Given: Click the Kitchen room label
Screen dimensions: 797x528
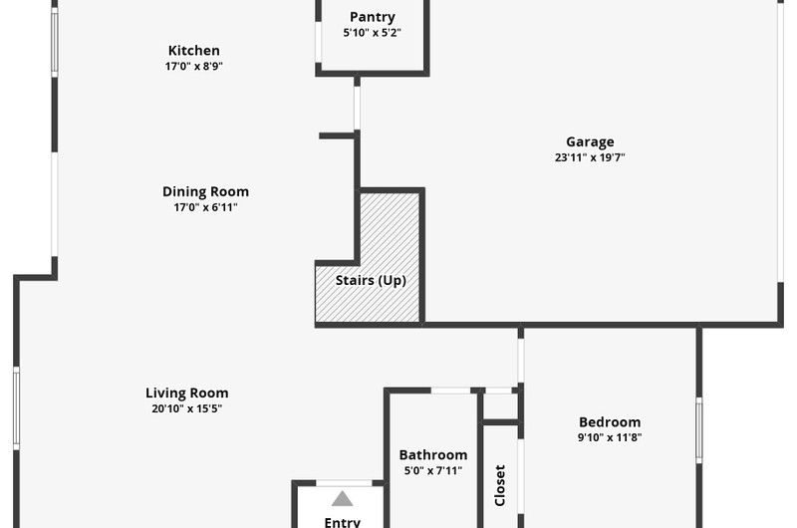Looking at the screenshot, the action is coord(194,51).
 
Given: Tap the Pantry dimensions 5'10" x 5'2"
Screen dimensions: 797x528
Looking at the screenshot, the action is coord(372,33).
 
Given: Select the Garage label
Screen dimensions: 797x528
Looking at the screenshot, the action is coord(590,141).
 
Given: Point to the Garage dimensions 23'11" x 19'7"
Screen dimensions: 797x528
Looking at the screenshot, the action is coord(590,157).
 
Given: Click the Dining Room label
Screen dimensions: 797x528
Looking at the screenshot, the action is coord(206,191).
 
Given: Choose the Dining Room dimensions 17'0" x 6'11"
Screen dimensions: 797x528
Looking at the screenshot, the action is coord(206,207).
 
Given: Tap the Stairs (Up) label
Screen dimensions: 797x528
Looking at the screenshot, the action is coord(371,281).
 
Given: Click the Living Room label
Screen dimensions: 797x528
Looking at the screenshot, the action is coord(187,393).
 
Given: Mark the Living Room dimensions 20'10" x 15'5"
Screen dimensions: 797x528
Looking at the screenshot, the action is coord(187,408).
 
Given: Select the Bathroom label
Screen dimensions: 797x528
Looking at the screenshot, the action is coord(433,455).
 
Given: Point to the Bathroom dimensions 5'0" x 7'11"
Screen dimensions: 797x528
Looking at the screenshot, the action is coord(433,470).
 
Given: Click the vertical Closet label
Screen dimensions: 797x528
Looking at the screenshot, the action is coord(500,485).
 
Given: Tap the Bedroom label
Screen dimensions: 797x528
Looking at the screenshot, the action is coord(610,422).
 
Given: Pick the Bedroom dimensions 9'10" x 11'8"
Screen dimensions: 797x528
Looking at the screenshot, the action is coord(610,437).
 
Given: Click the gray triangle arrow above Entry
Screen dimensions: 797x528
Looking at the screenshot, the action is coord(342,498).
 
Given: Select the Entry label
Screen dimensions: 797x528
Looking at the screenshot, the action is coord(343,522).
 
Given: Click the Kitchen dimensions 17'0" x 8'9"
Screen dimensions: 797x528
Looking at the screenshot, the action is coord(194,66).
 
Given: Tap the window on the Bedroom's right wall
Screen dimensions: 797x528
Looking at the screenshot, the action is coord(699,430).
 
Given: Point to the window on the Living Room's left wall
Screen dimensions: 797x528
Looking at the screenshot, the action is coord(16,408).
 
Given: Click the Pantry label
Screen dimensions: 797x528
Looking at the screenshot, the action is coord(372,17).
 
